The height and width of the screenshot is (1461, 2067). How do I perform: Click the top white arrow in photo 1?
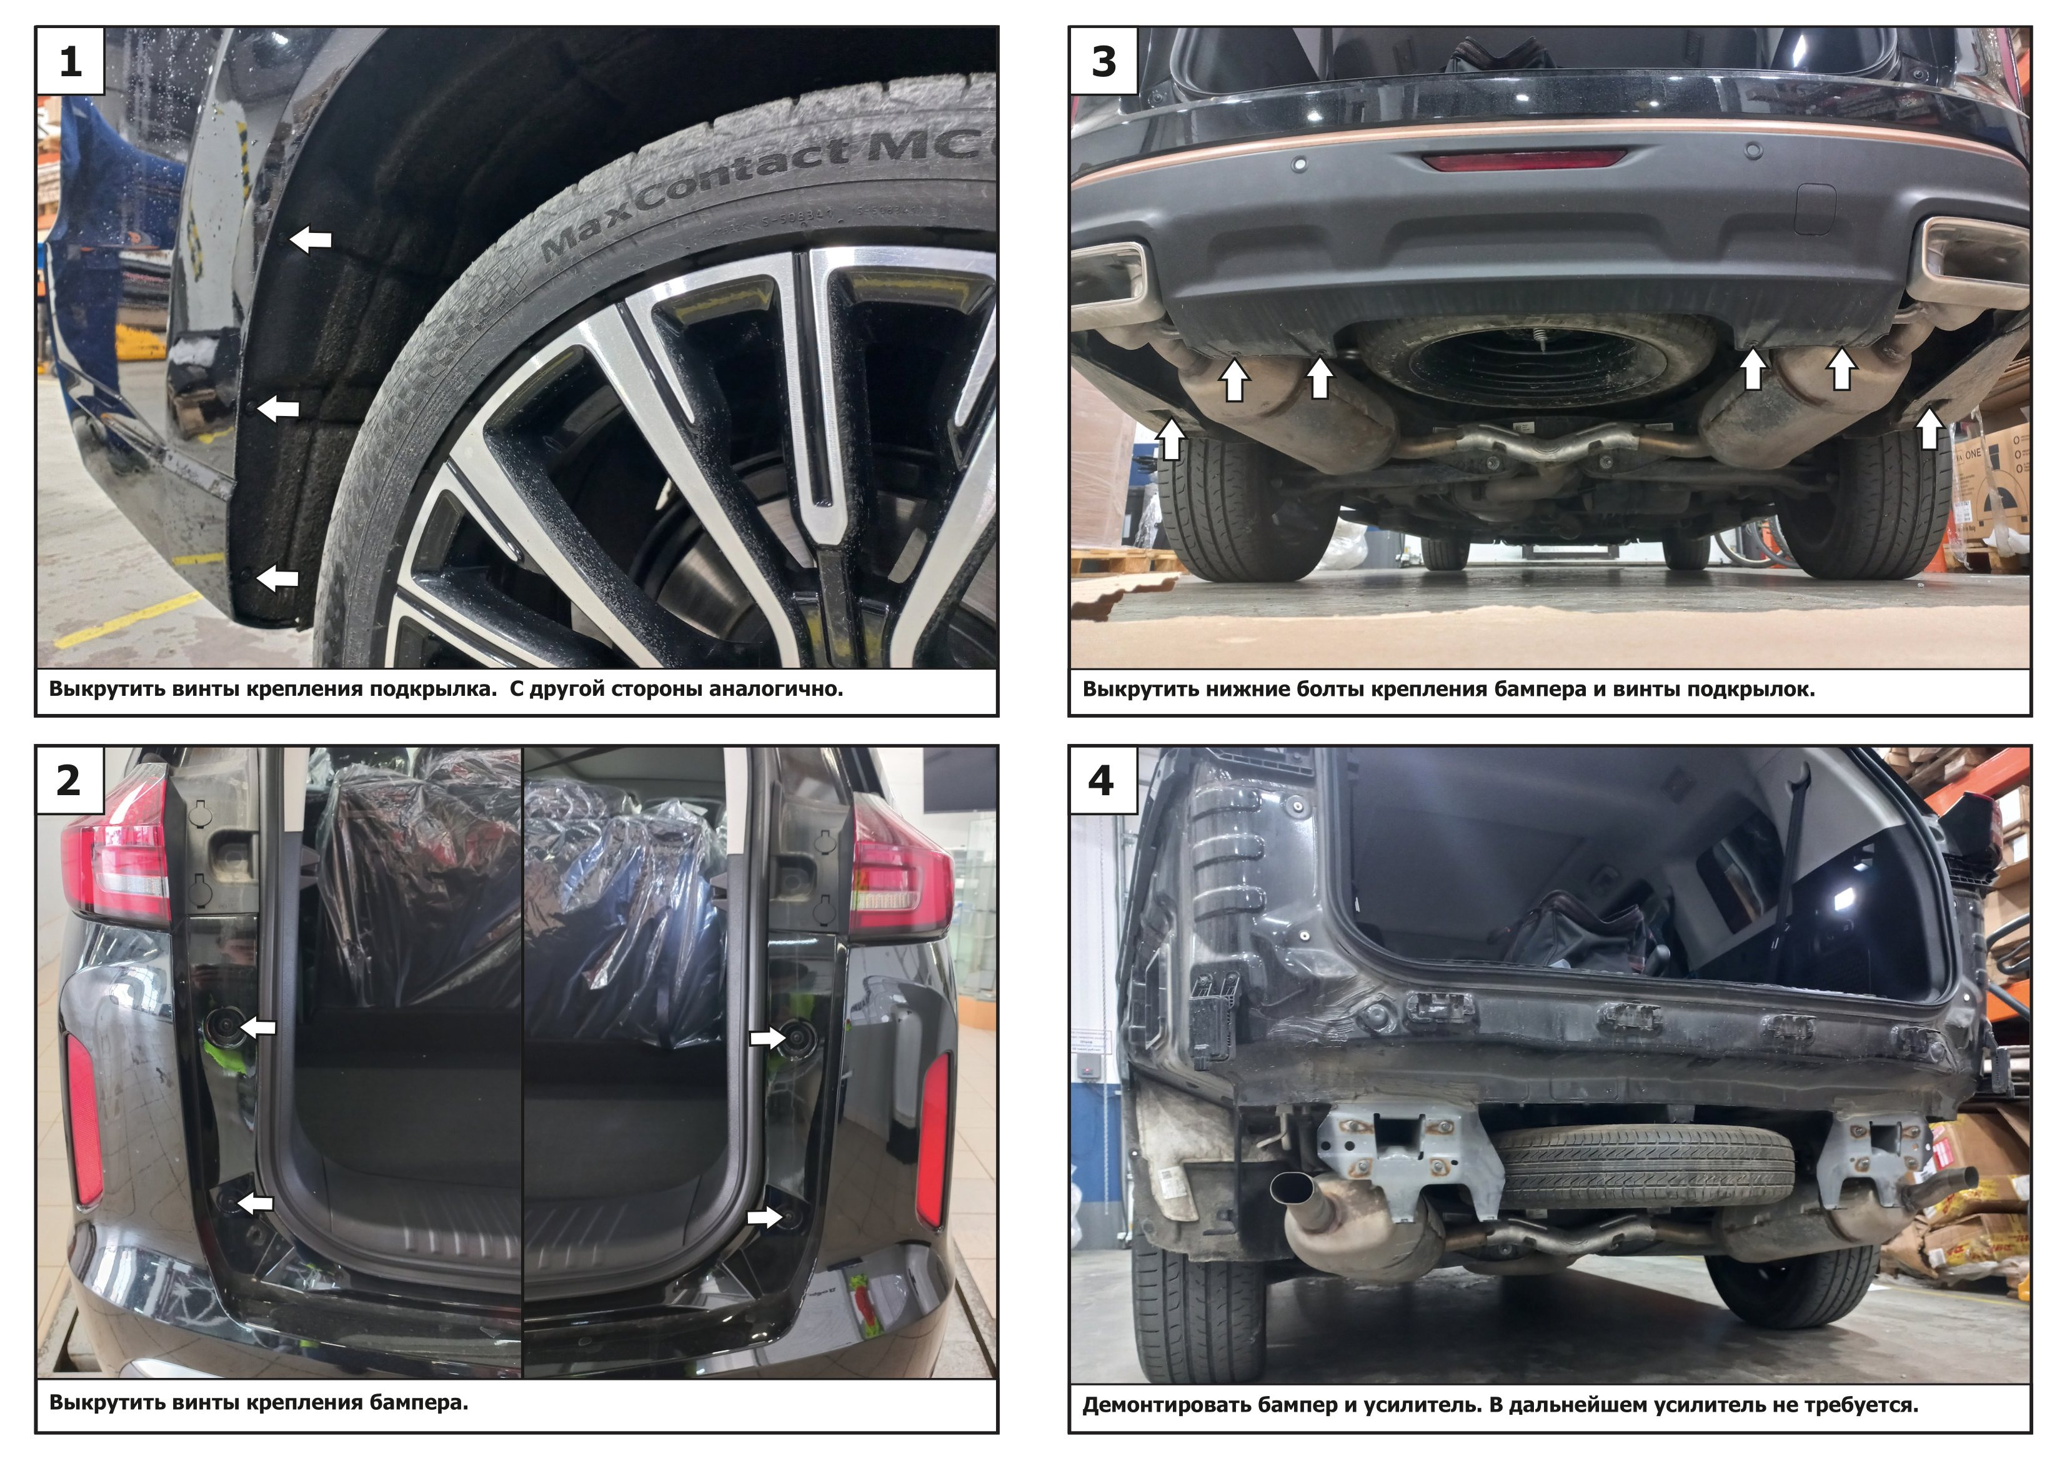click(311, 239)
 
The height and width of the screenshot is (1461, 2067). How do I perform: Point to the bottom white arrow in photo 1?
click(277, 578)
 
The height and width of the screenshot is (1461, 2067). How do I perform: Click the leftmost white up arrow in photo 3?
click(1170, 439)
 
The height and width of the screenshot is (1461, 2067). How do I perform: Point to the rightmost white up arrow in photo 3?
click(1928, 428)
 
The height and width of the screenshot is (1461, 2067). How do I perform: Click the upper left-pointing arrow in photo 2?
click(259, 1027)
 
